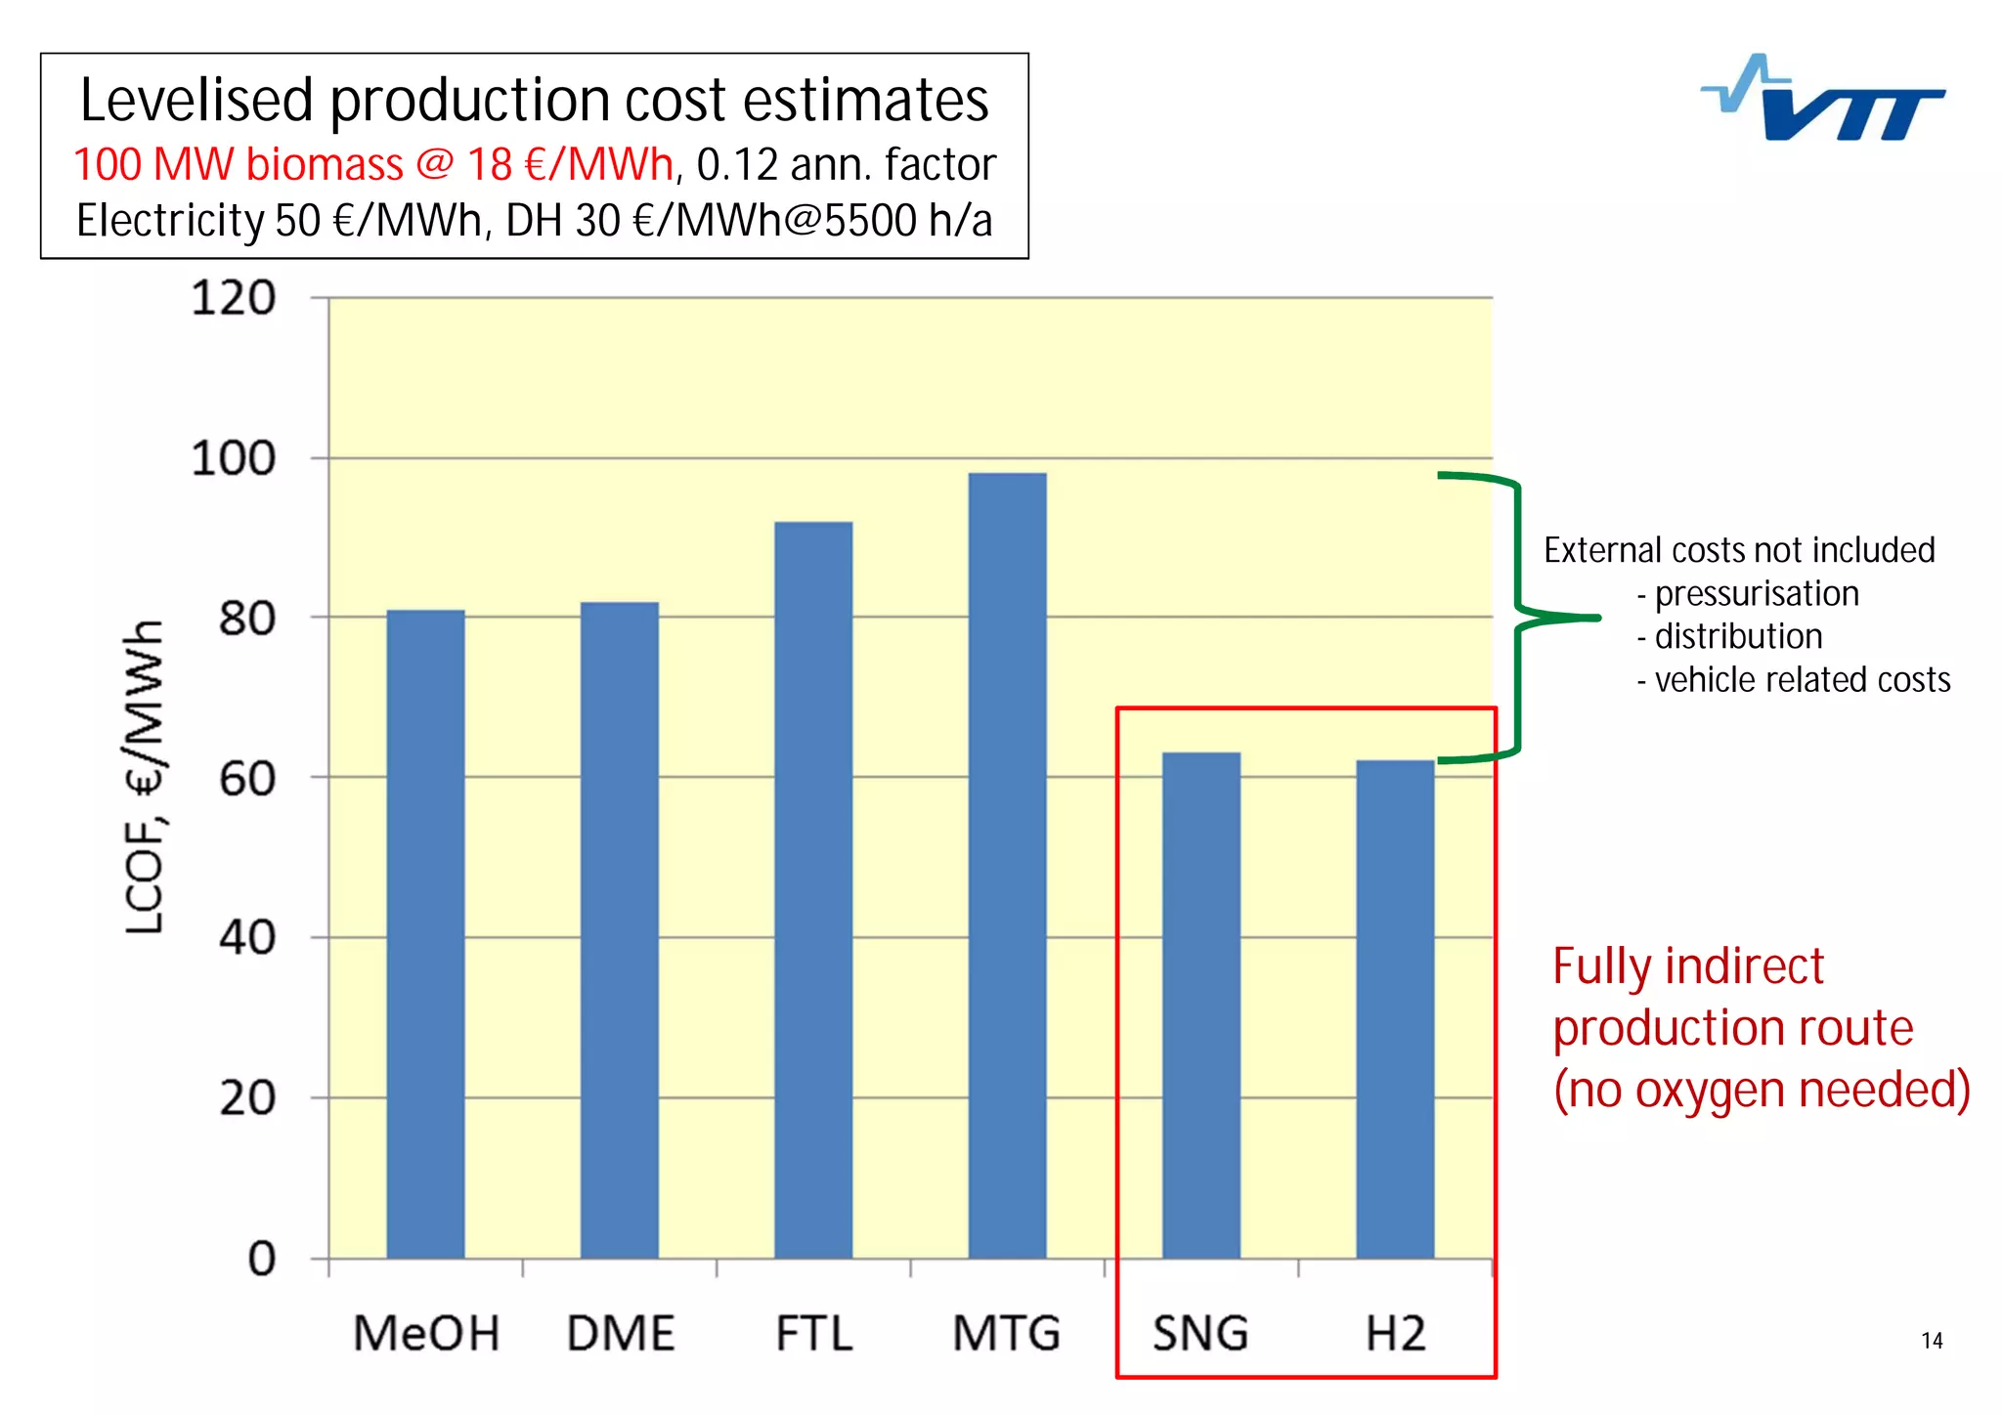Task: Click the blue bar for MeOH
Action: [x=425, y=933]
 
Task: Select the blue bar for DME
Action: [x=619, y=928]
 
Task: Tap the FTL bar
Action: [x=813, y=889]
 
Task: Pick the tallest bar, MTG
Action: [x=1007, y=865]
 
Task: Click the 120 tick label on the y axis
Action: [x=234, y=298]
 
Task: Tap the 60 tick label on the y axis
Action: [x=246, y=779]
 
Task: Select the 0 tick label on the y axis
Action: [x=261, y=1259]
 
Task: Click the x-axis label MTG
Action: [x=1006, y=1334]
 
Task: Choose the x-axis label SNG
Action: [x=1200, y=1334]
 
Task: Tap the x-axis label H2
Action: [x=1395, y=1334]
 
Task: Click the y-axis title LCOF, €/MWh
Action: [x=144, y=777]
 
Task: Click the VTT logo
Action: [x=1824, y=101]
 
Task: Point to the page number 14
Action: [x=1932, y=1341]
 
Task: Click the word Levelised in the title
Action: [x=198, y=101]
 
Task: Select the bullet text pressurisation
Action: [x=1756, y=593]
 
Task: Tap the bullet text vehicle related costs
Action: [x=1802, y=679]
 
